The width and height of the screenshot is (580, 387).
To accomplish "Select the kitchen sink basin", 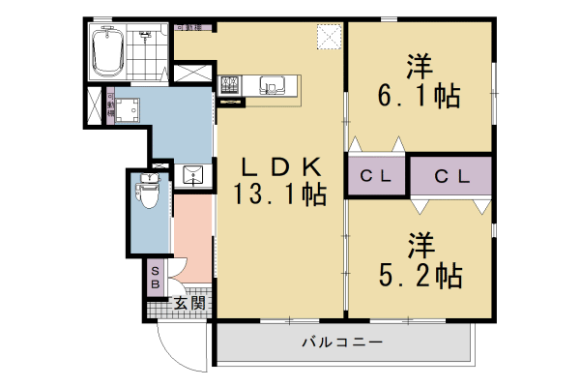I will coord(273,87).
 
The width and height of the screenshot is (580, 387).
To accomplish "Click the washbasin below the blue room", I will coord(193,175).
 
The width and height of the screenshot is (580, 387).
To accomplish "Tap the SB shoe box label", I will coord(156,278).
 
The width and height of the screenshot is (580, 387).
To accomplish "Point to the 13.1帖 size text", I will coord(278,195).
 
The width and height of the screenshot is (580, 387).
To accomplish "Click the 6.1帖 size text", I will coord(418,96).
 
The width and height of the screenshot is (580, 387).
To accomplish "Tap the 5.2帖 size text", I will coord(419,274).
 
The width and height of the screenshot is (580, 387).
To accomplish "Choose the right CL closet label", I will coord(450,176).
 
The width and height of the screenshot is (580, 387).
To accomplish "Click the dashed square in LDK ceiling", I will coord(331,38).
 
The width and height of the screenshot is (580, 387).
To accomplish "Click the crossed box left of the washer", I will coord(94,106).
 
